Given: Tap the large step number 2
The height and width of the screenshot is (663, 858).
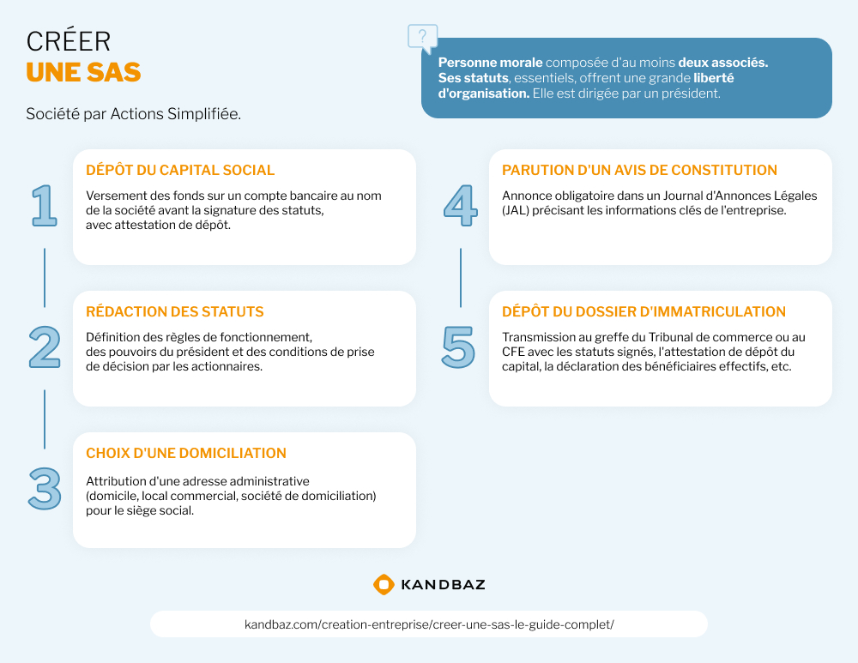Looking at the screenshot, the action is [45, 347].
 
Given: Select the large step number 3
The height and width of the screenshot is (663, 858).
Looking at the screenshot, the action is [45, 489].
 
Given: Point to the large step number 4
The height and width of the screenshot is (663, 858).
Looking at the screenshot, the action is [460, 205].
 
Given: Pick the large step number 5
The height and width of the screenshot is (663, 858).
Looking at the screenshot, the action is [458, 347].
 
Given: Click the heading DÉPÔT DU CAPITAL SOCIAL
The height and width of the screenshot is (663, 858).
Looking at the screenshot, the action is [180, 170].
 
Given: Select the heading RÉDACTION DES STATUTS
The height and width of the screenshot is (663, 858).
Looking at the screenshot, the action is [174, 312].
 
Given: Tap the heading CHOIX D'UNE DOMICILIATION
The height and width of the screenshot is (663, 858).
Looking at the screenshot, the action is [186, 453].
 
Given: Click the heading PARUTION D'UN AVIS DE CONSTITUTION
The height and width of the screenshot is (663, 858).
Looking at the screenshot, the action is [640, 170].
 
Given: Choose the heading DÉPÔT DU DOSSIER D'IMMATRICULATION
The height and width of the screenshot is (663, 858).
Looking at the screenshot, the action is [644, 312].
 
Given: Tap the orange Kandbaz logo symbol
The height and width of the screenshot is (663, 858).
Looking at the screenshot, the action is [384, 585].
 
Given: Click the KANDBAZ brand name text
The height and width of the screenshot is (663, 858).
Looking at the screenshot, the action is [444, 585].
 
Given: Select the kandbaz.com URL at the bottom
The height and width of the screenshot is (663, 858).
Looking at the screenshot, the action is [429, 624].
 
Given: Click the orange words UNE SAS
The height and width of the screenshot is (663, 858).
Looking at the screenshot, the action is [84, 72].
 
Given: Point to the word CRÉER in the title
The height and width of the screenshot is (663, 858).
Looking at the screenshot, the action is [69, 41].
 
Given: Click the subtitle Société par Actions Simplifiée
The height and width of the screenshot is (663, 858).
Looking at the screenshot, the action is [134, 114].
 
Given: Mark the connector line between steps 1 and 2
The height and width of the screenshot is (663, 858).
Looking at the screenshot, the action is [45, 278].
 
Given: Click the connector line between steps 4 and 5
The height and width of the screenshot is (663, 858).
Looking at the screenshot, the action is [461, 278].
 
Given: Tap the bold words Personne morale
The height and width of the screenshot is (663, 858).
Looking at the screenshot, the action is [490, 63].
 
